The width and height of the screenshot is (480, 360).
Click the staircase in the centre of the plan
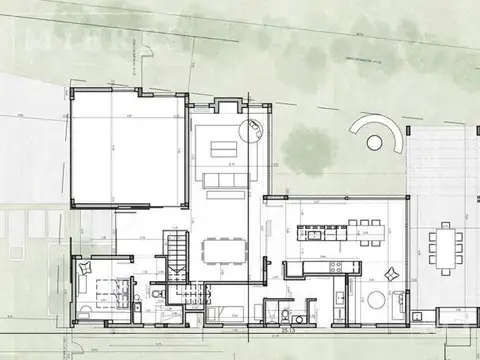(177, 254)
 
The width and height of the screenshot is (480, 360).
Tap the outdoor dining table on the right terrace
(443, 245)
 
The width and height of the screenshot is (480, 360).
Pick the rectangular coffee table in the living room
(221, 151)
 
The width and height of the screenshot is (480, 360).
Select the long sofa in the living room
(221, 180)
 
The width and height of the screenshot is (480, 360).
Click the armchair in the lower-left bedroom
(83, 268)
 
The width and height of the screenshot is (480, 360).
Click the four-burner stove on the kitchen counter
(337, 267)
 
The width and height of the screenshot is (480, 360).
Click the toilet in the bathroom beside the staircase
(156, 296)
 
